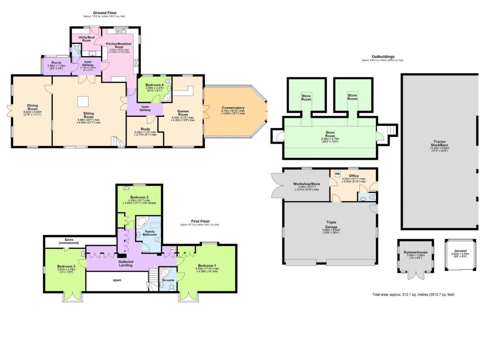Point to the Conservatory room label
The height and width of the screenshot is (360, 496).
(x=233, y=108)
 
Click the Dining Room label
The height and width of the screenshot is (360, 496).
(x=32, y=108)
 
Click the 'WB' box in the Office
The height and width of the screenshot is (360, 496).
(x=338, y=174)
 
